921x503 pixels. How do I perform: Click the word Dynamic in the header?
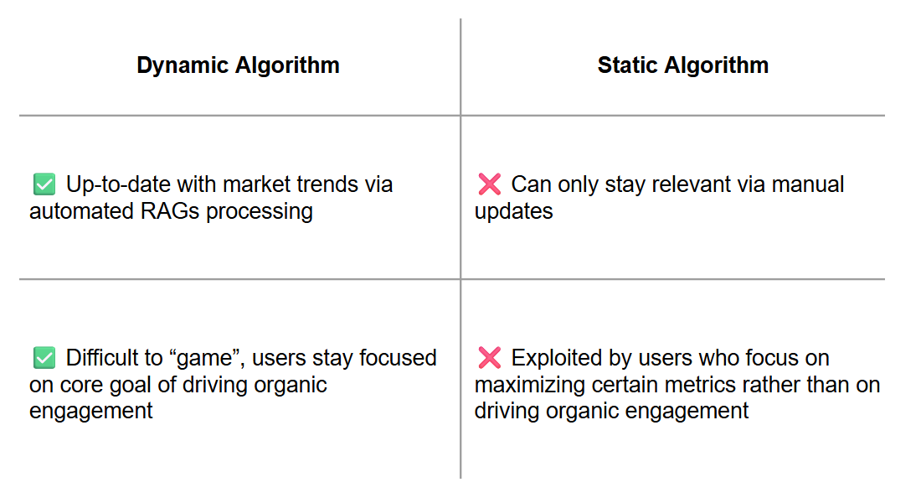click(183, 65)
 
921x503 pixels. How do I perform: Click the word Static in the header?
click(627, 65)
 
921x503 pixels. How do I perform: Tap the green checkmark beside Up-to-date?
click(44, 184)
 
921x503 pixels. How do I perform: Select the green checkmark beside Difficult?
click(44, 358)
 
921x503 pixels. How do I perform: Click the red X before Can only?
click(489, 184)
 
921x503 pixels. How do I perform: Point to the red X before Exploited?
click(489, 358)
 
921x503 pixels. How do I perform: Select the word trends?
click(327, 184)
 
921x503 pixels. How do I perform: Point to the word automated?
click(82, 211)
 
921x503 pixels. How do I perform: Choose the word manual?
click(808, 184)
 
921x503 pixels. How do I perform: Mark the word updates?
click(513, 212)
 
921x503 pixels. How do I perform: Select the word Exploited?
click(558, 358)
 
